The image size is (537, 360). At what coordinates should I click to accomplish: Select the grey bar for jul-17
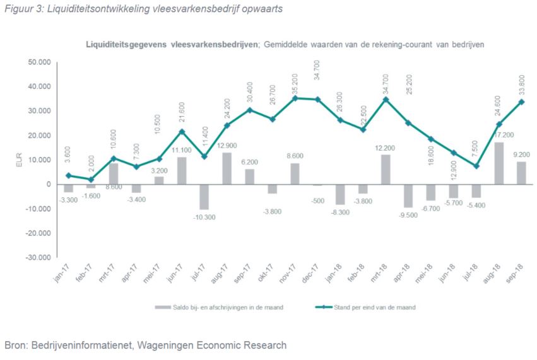(x=204, y=197)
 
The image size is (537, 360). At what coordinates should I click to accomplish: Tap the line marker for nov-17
(x=295, y=98)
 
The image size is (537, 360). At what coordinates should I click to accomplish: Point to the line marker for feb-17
(x=91, y=180)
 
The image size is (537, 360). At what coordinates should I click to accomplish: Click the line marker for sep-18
(x=521, y=102)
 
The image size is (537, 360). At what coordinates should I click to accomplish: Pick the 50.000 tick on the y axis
(x=40, y=62)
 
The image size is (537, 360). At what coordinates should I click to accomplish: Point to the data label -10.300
(x=204, y=218)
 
